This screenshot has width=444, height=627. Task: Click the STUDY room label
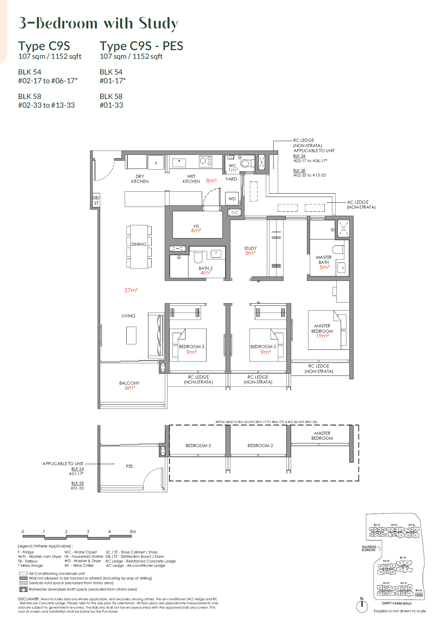tap(250, 248)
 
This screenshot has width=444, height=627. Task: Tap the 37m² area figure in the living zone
tap(131, 290)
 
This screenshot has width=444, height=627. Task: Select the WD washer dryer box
tap(232, 199)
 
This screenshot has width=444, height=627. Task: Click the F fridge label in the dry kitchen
tap(156, 164)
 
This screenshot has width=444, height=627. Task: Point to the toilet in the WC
tap(247, 163)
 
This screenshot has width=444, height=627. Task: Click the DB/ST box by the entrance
tap(96, 200)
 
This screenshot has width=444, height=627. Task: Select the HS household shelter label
tap(196, 226)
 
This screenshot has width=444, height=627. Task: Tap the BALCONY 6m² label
tap(130, 385)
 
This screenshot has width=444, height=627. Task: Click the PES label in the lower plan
tap(129, 466)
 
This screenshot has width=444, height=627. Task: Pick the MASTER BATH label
tap(324, 260)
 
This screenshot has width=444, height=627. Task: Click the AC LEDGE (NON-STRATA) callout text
tap(361, 205)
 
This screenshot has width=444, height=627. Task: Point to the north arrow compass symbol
tap(362, 606)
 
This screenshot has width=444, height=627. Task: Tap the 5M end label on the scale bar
tap(133, 531)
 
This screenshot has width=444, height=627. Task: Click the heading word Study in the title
tap(158, 23)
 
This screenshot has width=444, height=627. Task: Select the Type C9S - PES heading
tap(141, 46)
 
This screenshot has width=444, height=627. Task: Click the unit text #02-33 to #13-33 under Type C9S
tap(46, 105)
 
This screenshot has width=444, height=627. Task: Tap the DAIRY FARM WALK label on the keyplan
tap(397, 603)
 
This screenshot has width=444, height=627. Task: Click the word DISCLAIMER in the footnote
tap(29, 599)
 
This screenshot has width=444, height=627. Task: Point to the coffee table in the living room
tap(131, 335)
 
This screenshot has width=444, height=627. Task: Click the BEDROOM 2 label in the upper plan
tap(263, 346)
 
